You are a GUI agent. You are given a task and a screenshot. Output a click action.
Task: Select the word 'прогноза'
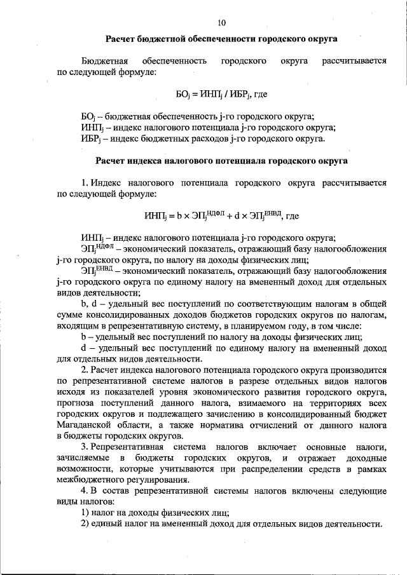(76, 402)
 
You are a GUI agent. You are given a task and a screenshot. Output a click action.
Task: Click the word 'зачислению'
(224, 413)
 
